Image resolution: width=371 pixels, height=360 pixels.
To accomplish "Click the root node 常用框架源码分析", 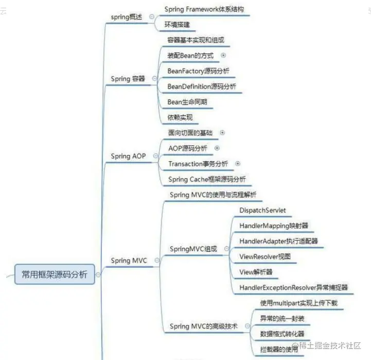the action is (x=54, y=275).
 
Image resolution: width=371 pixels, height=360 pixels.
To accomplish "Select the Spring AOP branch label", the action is (x=128, y=156).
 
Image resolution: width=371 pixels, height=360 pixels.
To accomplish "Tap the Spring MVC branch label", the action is (x=129, y=261).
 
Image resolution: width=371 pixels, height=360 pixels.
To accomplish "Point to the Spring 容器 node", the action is (x=128, y=79).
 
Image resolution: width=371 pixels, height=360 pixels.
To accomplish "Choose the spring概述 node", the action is (x=129, y=17).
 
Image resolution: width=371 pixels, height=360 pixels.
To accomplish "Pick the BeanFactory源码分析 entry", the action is (x=199, y=71).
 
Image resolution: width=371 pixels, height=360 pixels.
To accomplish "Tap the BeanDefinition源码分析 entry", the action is (x=202, y=87).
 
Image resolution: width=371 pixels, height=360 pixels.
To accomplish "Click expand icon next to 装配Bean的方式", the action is (x=223, y=55).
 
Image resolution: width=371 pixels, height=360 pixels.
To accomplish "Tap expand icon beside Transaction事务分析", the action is (x=238, y=164).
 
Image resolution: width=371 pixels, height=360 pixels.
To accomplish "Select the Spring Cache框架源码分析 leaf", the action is (x=207, y=179).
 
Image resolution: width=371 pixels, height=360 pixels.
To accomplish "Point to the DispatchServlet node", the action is (x=262, y=210).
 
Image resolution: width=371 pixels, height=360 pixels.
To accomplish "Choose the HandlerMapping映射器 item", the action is (x=274, y=226).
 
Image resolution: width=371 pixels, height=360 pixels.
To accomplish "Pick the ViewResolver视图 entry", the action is (x=265, y=256).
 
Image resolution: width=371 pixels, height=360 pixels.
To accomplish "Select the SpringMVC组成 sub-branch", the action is (x=193, y=249).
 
